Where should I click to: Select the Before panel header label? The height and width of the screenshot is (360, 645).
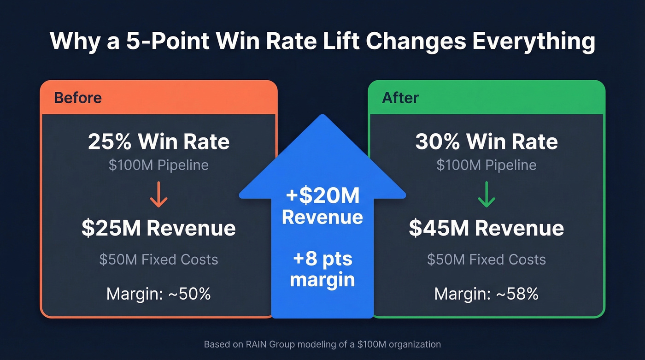[x=78, y=98]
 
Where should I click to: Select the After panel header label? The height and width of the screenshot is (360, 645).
[x=400, y=98]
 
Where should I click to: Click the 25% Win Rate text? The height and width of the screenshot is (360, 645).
[x=158, y=142]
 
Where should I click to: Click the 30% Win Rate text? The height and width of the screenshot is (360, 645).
[x=486, y=142]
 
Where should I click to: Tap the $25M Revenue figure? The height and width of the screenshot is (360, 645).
[x=158, y=229]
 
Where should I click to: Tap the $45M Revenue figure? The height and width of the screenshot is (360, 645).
[x=486, y=229]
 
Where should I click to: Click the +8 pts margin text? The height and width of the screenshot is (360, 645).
[x=322, y=269]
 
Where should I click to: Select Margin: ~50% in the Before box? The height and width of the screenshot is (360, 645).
[x=158, y=294]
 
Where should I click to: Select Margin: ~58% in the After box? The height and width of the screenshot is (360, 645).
[x=486, y=294]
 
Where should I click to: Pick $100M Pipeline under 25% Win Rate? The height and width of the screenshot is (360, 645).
[x=158, y=165]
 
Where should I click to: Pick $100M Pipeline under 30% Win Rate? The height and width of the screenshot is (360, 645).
[x=486, y=165]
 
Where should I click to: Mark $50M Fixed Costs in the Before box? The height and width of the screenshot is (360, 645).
[x=158, y=259]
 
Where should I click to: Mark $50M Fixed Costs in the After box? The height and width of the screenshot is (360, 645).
[x=486, y=259]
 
